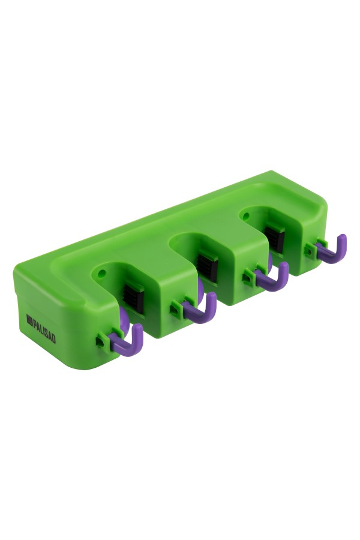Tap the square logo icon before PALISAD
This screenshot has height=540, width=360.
pos(29,320)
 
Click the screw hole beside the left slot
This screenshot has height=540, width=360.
pos(101,274)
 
